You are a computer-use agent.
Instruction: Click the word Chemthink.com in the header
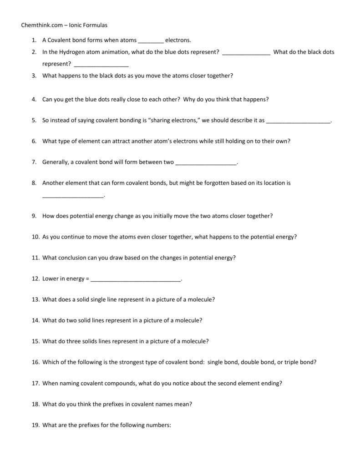click(41, 25)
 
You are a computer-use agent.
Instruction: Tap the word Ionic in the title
click(76, 25)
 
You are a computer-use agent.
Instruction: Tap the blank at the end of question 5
click(298, 121)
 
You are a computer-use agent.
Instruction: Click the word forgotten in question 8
click(216, 183)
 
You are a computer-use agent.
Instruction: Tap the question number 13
click(35, 299)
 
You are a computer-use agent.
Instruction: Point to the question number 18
click(35, 404)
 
